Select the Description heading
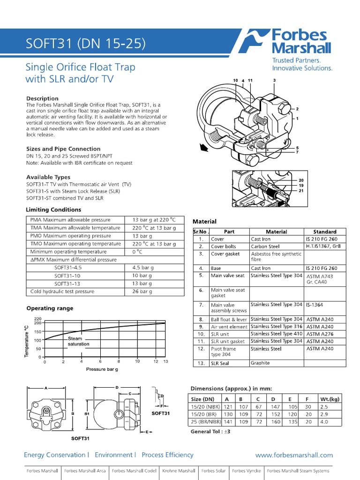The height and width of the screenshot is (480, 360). (42, 98)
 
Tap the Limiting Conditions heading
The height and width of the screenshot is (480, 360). (53, 210)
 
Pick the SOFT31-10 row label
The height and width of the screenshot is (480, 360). (67, 276)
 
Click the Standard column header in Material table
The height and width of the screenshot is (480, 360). (325, 232)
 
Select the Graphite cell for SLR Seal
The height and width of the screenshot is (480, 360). (260, 363)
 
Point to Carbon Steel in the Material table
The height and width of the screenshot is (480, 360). (265, 246)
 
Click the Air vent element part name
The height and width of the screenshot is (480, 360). (229, 327)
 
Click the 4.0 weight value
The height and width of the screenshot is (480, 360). (324, 421)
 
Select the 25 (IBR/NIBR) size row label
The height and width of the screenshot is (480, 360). (206, 421)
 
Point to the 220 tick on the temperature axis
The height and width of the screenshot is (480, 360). (38, 319)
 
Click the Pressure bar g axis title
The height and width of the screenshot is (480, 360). (102, 369)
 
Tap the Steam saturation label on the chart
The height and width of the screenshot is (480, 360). (78, 341)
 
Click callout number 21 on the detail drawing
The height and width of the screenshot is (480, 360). (301, 191)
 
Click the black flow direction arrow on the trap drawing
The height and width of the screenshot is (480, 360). (203, 149)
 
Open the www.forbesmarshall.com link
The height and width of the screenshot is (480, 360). (294, 455)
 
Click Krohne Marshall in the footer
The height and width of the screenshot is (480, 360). (179, 471)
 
